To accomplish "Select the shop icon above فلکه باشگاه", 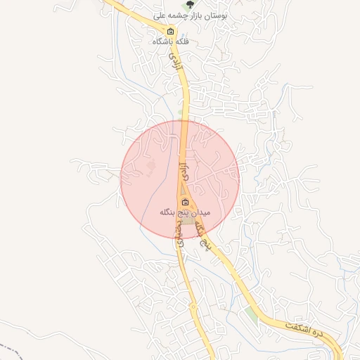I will pos(170,32).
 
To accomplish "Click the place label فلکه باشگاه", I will pos(171,42).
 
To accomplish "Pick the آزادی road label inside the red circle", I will pos(184,171).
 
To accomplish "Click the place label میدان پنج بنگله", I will pos(185,212).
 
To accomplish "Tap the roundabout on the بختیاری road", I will pos(193,307).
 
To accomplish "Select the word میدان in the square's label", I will pos(200,212).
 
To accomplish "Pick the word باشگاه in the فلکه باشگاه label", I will pos(163,42).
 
